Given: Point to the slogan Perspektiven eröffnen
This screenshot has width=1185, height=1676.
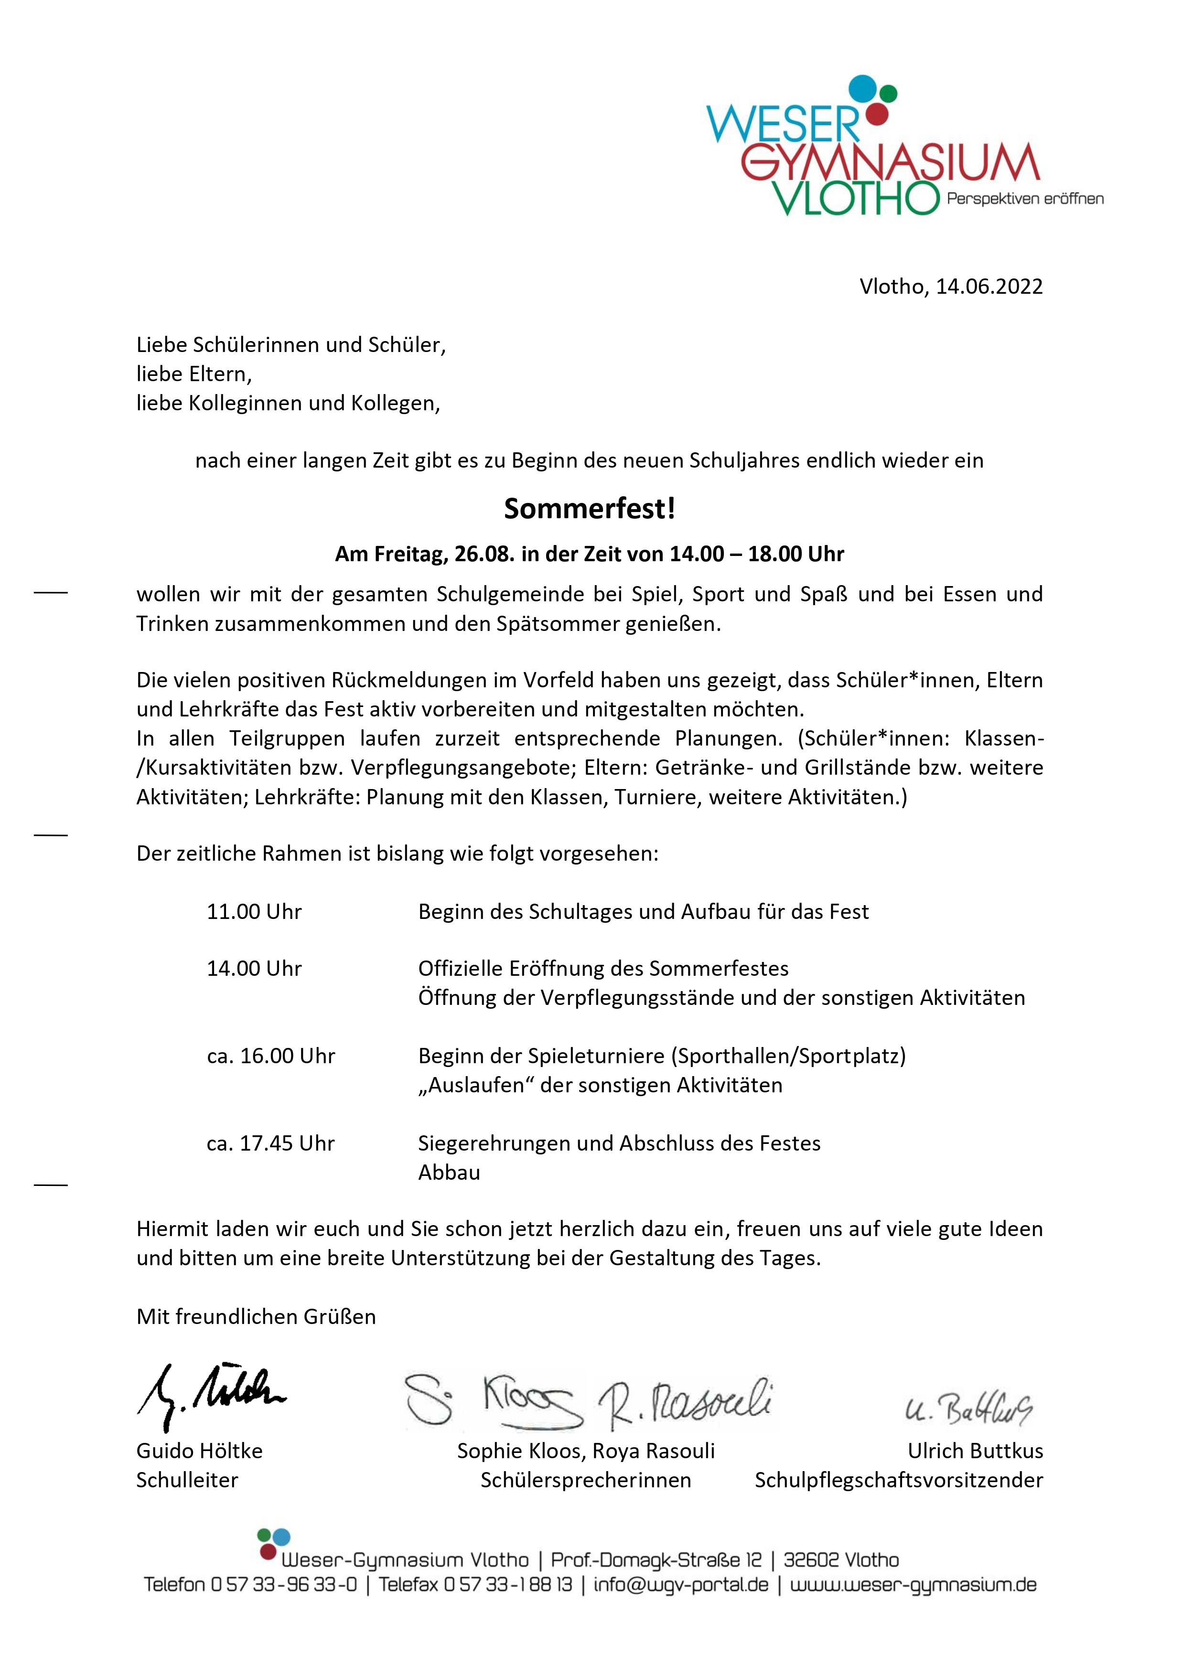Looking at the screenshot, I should (x=1024, y=199).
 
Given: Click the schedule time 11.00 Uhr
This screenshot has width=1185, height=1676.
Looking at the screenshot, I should (x=254, y=912).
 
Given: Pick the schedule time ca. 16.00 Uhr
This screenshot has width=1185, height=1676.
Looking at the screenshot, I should (x=271, y=1056).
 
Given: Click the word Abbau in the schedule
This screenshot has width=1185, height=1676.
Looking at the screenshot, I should (x=449, y=1173).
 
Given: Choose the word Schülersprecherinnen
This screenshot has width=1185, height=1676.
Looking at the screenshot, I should (x=585, y=1480).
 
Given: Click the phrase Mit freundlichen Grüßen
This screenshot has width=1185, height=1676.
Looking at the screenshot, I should (x=256, y=1317).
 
